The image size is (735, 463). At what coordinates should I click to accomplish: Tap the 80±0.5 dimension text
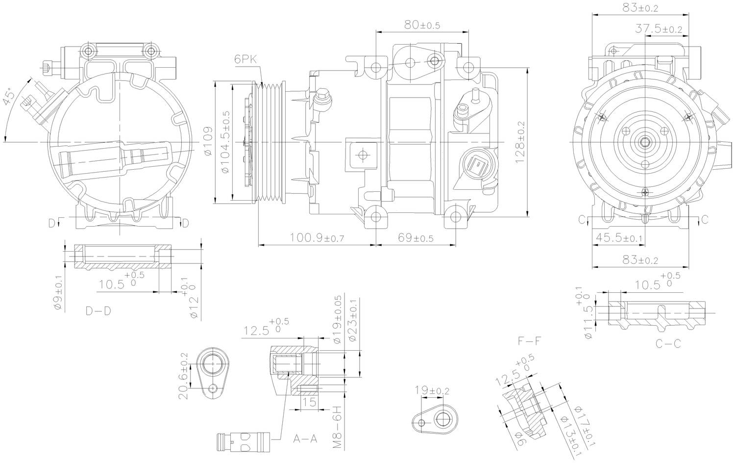(422, 25)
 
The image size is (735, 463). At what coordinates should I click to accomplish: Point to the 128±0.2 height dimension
(520, 142)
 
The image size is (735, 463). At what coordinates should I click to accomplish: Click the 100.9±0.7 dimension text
(317, 238)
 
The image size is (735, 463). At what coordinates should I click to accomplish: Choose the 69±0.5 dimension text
(416, 238)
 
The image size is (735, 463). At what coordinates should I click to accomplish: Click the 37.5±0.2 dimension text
(659, 29)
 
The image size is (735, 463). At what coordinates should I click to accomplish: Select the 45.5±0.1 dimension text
(618, 238)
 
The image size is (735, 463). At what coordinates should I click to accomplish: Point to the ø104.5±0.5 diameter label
(226, 143)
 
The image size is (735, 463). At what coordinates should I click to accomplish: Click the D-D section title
(98, 311)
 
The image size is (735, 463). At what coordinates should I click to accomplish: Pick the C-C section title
(668, 344)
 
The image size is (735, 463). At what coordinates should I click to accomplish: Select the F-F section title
(530, 340)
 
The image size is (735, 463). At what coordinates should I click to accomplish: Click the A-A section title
(305, 438)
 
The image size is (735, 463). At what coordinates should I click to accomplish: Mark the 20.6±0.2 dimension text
(184, 376)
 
